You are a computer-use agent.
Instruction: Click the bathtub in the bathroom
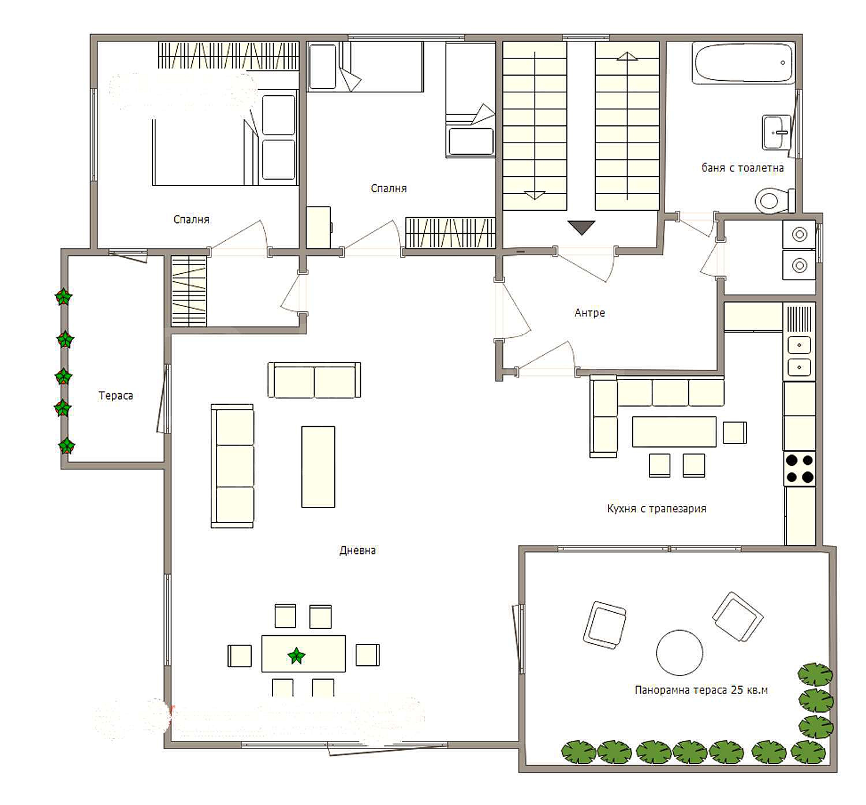(x=744, y=63)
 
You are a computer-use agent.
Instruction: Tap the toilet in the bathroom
(x=775, y=201)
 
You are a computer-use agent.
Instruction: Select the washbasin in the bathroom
(x=776, y=132)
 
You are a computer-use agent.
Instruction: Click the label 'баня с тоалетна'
(x=742, y=167)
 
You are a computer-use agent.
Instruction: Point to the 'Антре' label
(x=589, y=313)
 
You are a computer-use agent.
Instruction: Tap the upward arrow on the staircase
(x=627, y=126)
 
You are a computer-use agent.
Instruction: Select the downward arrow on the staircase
(x=535, y=126)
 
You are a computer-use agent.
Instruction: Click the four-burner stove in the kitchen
(x=799, y=469)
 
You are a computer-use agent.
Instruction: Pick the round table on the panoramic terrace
(x=680, y=653)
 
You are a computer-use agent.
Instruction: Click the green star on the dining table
(x=297, y=656)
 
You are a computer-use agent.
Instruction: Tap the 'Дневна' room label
(x=357, y=551)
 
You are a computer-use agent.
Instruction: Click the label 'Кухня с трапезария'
(x=656, y=508)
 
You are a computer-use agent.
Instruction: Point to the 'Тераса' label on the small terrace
(x=115, y=396)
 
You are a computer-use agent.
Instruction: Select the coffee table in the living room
(x=318, y=467)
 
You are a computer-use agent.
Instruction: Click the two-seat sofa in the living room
(x=314, y=380)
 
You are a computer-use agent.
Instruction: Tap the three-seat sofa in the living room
(x=233, y=466)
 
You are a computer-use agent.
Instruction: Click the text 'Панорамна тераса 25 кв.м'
(x=701, y=690)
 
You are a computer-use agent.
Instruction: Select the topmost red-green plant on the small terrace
(x=64, y=297)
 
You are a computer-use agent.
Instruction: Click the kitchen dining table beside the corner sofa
(x=674, y=431)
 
